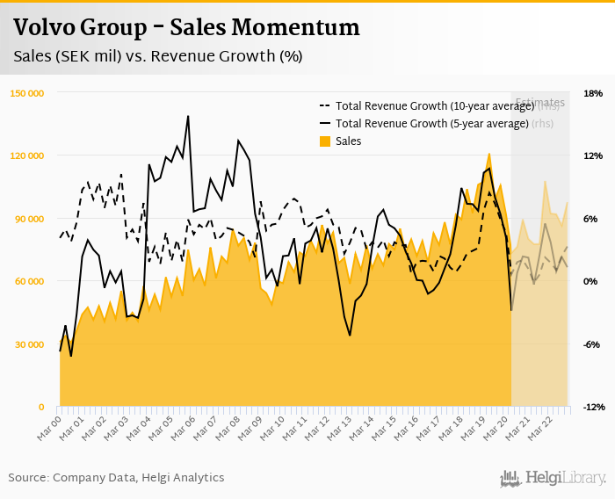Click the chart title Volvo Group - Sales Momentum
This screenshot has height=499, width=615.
(x=186, y=28)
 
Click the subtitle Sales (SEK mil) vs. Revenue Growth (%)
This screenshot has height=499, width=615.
(x=158, y=56)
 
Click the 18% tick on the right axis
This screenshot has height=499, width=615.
(x=592, y=92)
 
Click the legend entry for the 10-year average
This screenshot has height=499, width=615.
(x=435, y=106)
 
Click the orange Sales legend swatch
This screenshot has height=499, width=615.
(x=325, y=141)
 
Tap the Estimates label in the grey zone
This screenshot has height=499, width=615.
(x=539, y=103)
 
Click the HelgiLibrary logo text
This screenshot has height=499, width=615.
(x=566, y=479)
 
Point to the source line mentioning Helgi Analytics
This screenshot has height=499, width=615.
(x=116, y=477)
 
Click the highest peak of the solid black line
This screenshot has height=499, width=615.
(x=188, y=116)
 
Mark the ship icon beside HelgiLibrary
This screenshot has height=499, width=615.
(x=510, y=479)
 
